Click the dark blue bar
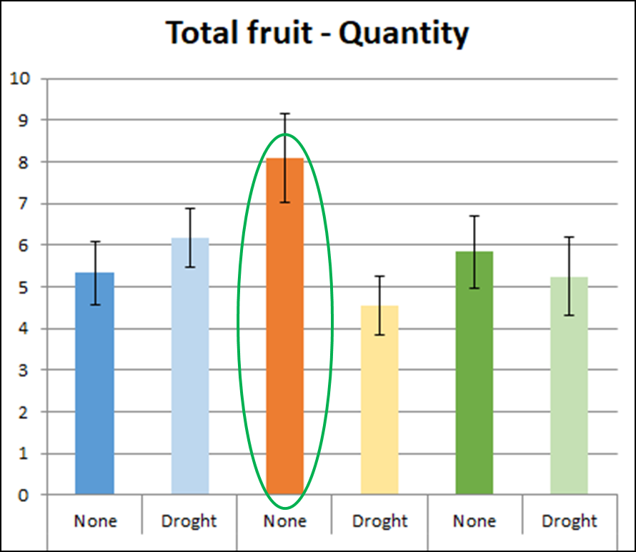coord(94,383)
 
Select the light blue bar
coord(190,366)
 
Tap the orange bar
coord(284,326)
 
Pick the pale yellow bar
coord(379,400)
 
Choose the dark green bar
coord(474,373)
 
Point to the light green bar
coord(569,385)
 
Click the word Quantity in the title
coord(404,34)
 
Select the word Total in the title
coord(199,32)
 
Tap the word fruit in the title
coord(279,32)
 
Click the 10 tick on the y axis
coord(20,79)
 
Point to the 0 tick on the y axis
coord(24,496)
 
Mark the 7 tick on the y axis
coord(24,203)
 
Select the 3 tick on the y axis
coord(24,370)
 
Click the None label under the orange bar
coord(284,521)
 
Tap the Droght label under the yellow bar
coord(379,521)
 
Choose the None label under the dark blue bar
coord(95,521)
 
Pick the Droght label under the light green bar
coord(569,521)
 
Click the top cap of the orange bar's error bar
coord(285,114)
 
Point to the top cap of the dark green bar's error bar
coord(474,216)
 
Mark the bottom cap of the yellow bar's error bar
coord(379,335)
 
